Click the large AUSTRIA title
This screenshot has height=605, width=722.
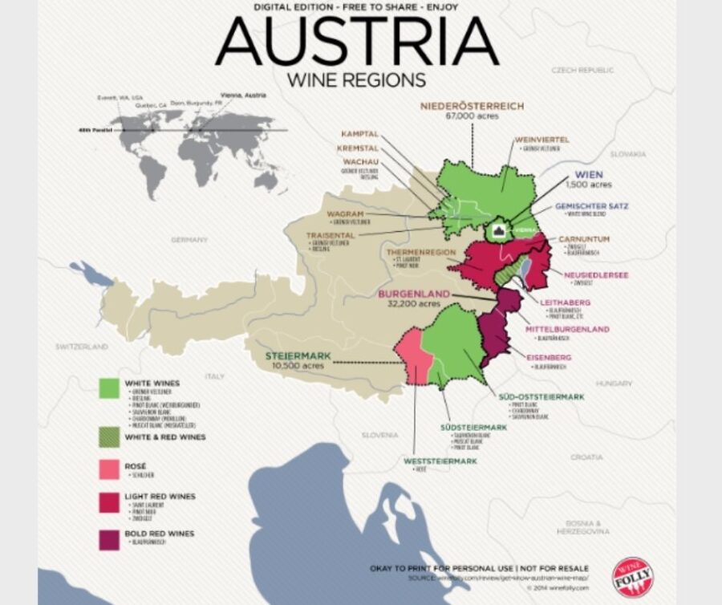(x=357, y=42)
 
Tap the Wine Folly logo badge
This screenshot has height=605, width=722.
(x=632, y=574)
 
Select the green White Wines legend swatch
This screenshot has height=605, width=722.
(x=109, y=388)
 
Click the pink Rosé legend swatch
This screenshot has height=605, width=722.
(x=109, y=469)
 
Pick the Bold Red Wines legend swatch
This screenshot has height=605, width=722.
(x=109, y=538)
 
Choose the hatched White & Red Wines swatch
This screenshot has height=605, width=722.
(x=109, y=438)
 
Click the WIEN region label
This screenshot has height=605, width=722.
(x=589, y=174)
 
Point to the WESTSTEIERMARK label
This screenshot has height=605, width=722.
(x=440, y=461)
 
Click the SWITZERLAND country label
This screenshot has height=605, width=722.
(x=81, y=347)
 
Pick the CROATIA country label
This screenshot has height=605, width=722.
(x=586, y=457)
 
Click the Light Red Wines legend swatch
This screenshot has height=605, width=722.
(x=109, y=502)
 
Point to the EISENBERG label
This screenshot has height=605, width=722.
(x=549, y=356)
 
